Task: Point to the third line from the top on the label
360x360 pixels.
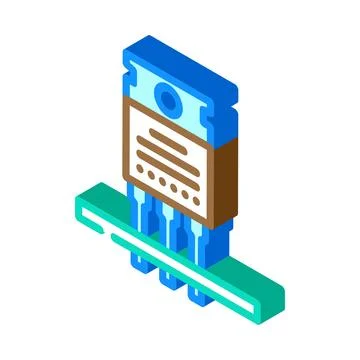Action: [171, 153]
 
